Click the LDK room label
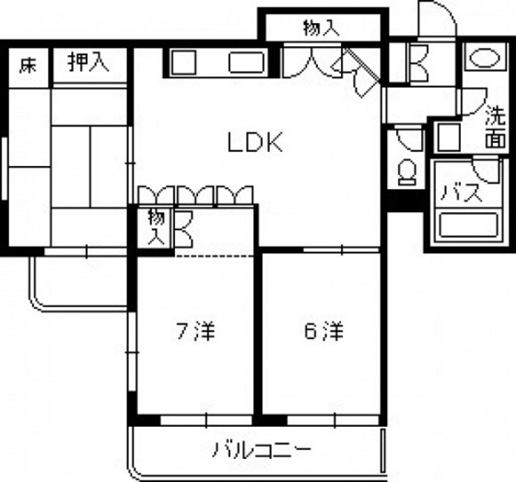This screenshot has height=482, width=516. click(x=255, y=142)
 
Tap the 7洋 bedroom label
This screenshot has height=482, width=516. click(x=195, y=331)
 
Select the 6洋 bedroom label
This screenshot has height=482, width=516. click(x=323, y=331)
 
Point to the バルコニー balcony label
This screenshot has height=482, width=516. click(x=262, y=449)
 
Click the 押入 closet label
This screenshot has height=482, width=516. click(x=88, y=63)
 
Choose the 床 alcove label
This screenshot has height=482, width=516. click(x=28, y=65)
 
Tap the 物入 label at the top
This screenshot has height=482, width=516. click(x=322, y=28)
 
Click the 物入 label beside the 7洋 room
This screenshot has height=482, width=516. click(x=156, y=227)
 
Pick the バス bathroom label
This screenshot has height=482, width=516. click(x=461, y=194)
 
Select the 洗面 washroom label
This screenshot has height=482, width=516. click(x=496, y=125)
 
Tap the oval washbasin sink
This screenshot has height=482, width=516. click(x=485, y=59)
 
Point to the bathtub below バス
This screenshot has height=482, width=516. click(x=468, y=225)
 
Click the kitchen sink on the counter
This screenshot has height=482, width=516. click(x=247, y=62)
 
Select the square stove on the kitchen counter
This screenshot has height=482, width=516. click(x=184, y=62)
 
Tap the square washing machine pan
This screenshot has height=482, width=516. click(x=449, y=137)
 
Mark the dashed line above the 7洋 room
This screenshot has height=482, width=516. click(x=215, y=255)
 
